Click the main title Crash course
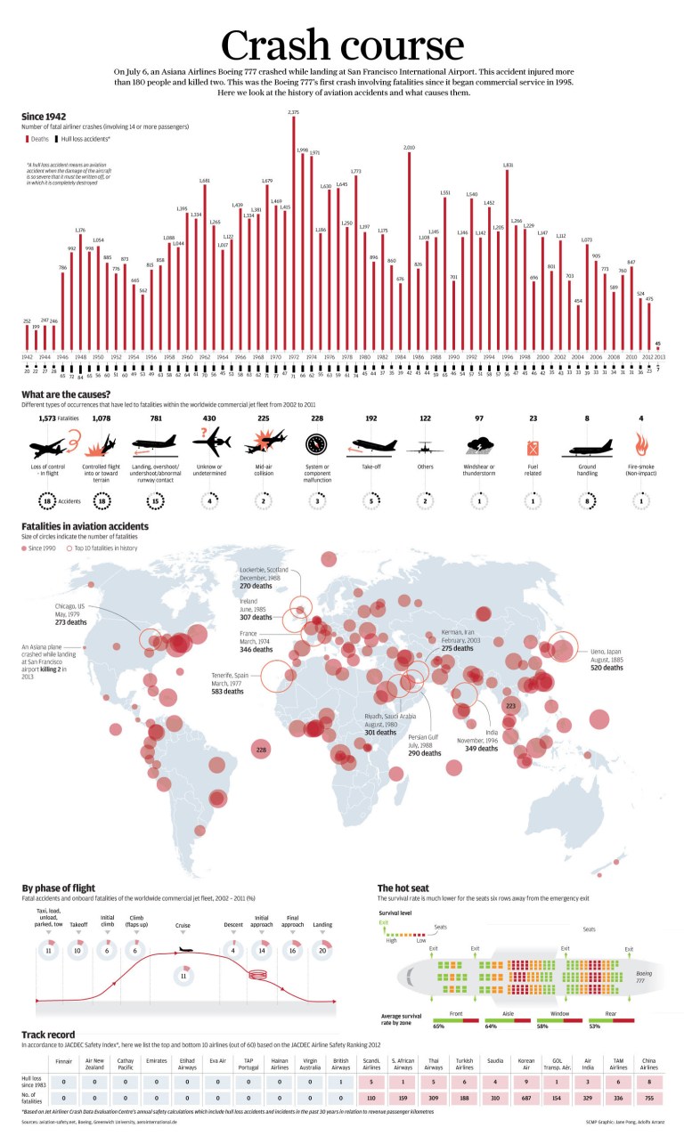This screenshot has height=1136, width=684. [x=342, y=45]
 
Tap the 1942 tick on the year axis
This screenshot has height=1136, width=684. [x=27, y=357]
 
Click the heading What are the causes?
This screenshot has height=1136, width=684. [x=66, y=394]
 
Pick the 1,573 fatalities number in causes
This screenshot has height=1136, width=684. [x=48, y=418]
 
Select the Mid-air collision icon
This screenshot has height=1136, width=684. [x=265, y=442]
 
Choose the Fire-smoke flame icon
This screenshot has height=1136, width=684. [x=640, y=442]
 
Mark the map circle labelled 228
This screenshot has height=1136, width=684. [x=261, y=751]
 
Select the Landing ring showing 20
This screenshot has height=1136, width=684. [x=322, y=950]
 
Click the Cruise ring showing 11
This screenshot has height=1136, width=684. [x=183, y=976]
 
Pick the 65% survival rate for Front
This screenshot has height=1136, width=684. [x=439, y=1026]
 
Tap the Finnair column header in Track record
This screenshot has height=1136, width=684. [x=63, y=1062]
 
